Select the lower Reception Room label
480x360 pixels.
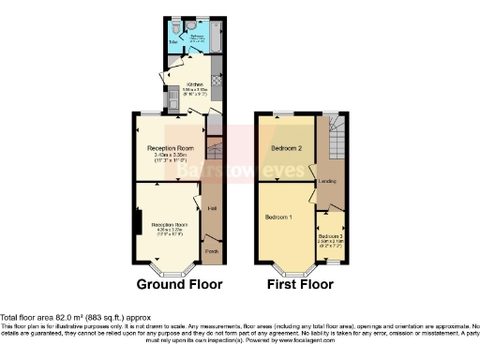click(165, 225)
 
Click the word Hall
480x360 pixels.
click(213, 206)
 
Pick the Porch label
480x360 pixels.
click(212, 251)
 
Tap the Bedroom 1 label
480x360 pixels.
click(279, 217)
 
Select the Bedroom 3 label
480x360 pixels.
click(329, 235)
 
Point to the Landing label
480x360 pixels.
click(328, 180)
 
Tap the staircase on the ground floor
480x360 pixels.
click(214, 150)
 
